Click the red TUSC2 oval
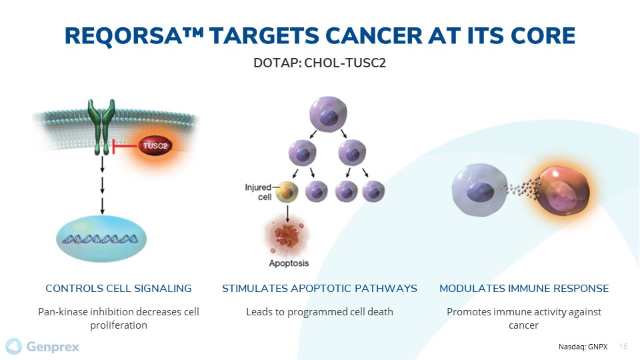[155, 146]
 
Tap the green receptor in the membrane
[101, 127]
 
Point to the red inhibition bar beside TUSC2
[124, 146]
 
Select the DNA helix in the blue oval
[100, 239]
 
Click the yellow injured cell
[287, 191]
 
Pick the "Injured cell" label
[259, 192]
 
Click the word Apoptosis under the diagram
[289, 263]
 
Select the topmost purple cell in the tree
[328, 114]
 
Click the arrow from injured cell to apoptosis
[287, 213]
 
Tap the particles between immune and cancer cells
[523, 188]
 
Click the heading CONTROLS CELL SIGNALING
[119, 288]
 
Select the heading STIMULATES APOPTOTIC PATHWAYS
[319, 288]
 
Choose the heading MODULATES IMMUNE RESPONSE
[524, 288]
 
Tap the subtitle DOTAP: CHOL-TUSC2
[319, 63]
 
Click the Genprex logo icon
[13, 346]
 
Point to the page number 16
[623, 347]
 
